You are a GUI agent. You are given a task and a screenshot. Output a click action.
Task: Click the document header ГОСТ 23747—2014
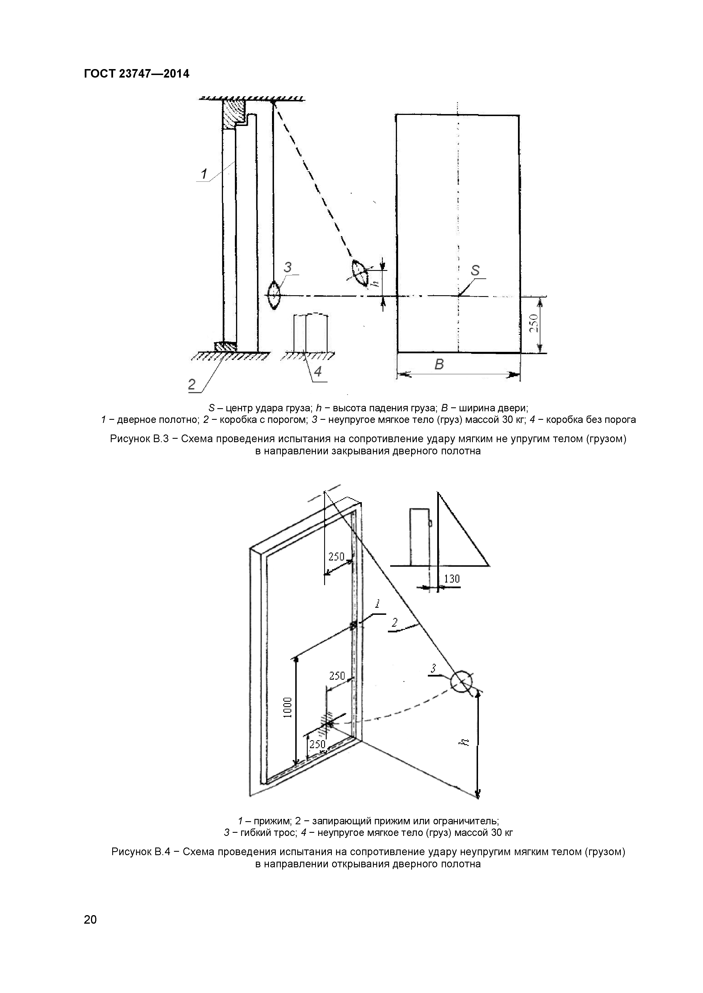tap(136, 74)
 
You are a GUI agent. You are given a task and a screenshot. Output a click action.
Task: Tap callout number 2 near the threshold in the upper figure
tap(192, 384)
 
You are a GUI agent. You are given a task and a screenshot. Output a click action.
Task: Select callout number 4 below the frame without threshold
tap(318, 371)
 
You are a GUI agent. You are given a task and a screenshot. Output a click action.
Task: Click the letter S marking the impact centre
tap(475, 271)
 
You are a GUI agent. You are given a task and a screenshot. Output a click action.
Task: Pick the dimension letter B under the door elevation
tap(439, 365)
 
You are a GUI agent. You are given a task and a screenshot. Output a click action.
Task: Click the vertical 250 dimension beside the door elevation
tap(534, 323)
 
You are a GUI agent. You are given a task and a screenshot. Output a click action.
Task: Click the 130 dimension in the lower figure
tap(451, 579)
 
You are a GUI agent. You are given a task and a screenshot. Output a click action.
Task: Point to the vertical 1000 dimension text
tap(288, 708)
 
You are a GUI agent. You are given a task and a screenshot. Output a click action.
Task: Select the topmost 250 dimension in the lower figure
tap(336, 557)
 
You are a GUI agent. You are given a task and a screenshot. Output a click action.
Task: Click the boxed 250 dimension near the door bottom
tap(317, 744)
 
